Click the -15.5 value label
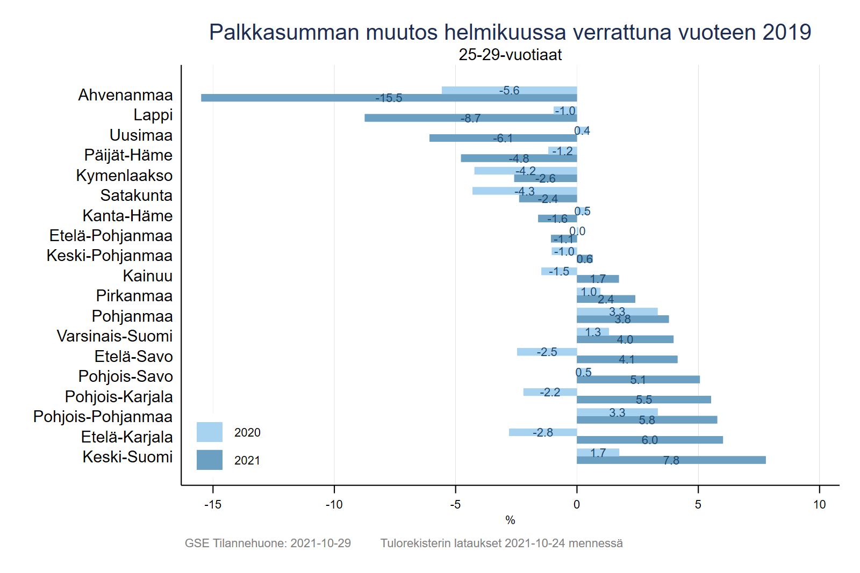pyautogui.click(x=389, y=98)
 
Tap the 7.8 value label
pyautogui.click(x=671, y=460)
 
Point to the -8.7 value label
pyautogui.click(x=470, y=118)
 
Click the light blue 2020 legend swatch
pyautogui.click(x=209, y=432)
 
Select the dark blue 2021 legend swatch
pyautogui.click(x=209, y=460)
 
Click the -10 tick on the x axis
pyautogui.click(x=334, y=504)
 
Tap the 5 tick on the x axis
pyautogui.click(x=698, y=504)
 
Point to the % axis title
pyautogui.click(x=510, y=520)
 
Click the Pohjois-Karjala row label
pyautogui.click(x=119, y=397)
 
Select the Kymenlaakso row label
pyautogui.click(x=124, y=176)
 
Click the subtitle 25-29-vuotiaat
pyautogui.click(x=510, y=55)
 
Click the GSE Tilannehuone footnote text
pyautogui.click(x=268, y=543)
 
